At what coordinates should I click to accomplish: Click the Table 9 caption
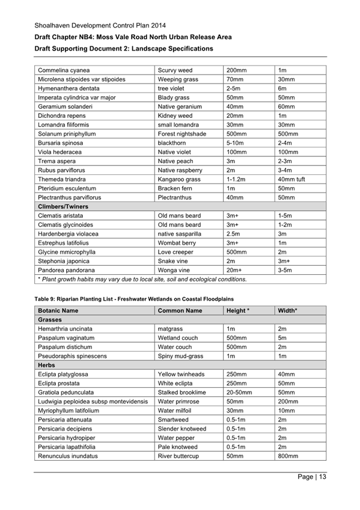point(132,299)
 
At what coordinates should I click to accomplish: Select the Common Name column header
point(180,311)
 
